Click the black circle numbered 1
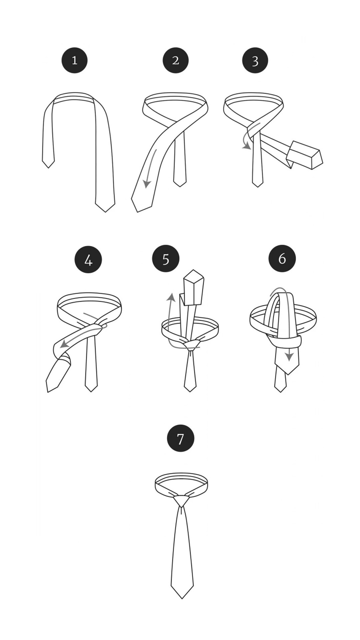74,60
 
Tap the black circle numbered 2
176,60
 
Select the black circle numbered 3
255,60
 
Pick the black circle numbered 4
88,260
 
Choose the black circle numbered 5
166,259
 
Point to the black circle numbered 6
282,258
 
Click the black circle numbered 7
180,438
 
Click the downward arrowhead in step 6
289,357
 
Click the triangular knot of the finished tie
181,501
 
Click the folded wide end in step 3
305,155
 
